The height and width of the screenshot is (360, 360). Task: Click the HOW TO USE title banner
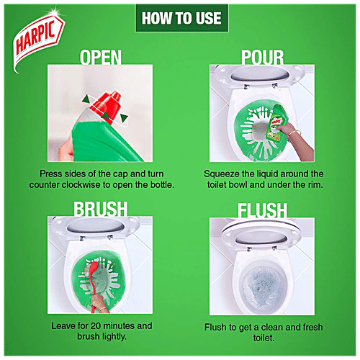click(179, 17)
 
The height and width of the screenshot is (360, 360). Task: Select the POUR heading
click(263, 56)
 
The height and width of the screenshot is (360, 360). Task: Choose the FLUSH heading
click(263, 210)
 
